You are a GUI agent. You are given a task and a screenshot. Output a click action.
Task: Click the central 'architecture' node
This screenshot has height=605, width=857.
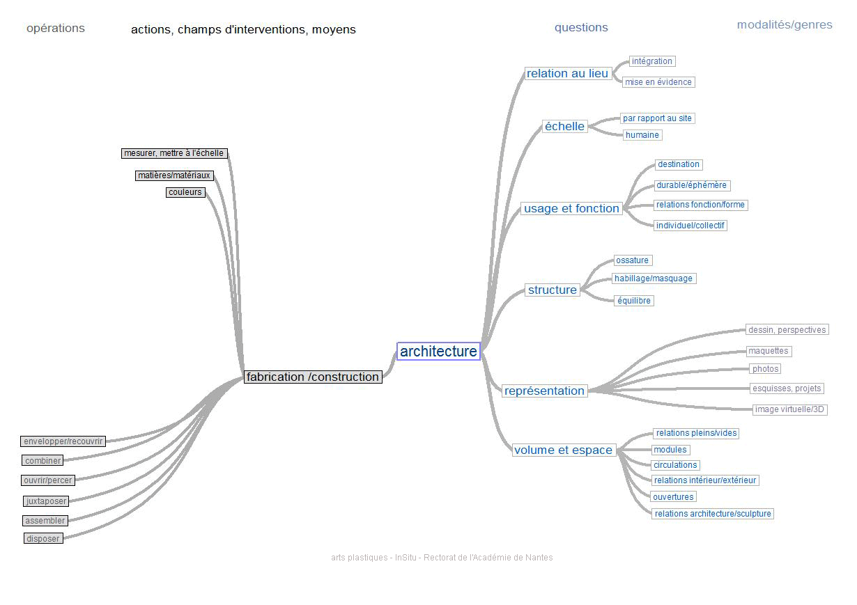pyautogui.click(x=438, y=352)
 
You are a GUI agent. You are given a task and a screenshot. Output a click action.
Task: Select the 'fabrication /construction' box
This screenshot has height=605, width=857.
pyautogui.click(x=313, y=377)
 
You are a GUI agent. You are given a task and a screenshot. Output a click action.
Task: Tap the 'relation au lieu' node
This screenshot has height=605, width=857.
pyautogui.click(x=567, y=73)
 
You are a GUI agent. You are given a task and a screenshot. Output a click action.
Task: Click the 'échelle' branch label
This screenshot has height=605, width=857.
pyautogui.click(x=564, y=126)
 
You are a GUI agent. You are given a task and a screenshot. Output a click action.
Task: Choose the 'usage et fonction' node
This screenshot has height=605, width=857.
pyautogui.click(x=571, y=208)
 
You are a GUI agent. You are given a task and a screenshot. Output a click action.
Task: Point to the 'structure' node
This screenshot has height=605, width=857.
pyautogui.click(x=552, y=290)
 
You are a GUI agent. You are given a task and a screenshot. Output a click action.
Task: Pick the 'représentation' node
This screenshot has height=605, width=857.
pyautogui.click(x=544, y=391)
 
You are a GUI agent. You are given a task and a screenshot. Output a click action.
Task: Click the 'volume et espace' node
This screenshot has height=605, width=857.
pyautogui.click(x=563, y=450)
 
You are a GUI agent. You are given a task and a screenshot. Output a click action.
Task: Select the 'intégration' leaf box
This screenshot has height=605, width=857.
pyautogui.click(x=651, y=61)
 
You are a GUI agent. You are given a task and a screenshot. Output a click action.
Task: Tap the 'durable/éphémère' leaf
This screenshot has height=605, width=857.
pyautogui.click(x=691, y=185)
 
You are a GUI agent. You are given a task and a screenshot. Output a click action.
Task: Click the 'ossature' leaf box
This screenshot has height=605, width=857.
pyautogui.click(x=632, y=260)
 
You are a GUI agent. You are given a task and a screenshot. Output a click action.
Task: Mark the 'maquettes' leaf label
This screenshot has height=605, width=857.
pyautogui.click(x=768, y=351)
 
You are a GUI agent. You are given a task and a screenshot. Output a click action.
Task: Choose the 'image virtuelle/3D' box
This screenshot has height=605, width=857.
pyautogui.click(x=789, y=409)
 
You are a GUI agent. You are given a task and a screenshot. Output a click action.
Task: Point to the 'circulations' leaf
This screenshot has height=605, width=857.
pyautogui.click(x=674, y=465)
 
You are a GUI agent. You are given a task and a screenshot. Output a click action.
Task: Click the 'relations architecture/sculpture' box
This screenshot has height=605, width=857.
pyautogui.click(x=713, y=514)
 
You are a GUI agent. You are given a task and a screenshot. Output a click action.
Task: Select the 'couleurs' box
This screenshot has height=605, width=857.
pyautogui.click(x=185, y=192)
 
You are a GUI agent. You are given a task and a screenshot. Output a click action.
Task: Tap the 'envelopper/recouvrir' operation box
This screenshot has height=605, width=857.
pyautogui.click(x=63, y=441)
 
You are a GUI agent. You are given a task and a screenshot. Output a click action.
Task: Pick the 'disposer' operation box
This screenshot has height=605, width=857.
pyautogui.click(x=43, y=538)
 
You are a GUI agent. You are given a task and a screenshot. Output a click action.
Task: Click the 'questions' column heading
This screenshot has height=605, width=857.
pyautogui.click(x=581, y=28)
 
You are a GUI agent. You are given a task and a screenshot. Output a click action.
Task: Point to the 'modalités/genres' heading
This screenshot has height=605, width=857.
pyautogui.click(x=785, y=25)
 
